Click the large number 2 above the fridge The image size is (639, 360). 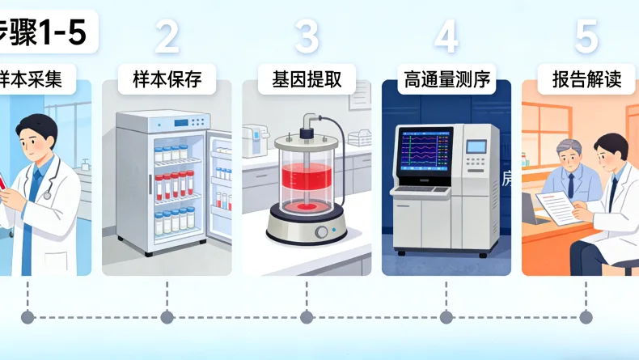tap(167, 36)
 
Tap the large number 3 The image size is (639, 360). tap(307, 36)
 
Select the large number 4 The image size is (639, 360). tap(446, 36)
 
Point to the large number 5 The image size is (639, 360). tap(586, 36)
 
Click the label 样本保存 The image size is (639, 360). tap(167, 80)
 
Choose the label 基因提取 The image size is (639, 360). tap(307, 80)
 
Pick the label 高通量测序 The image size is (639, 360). tap(446, 80)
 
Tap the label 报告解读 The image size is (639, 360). tap(586, 80)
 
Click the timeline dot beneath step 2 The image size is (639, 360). tap(167, 316)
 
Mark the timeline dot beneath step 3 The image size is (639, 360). tap(307, 316)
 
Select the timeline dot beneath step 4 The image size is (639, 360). tap(446, 316)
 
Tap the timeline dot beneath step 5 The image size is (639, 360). tap(586, 316)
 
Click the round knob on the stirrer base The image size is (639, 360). tap(322, 232)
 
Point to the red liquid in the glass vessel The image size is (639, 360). tap(307, 182)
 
